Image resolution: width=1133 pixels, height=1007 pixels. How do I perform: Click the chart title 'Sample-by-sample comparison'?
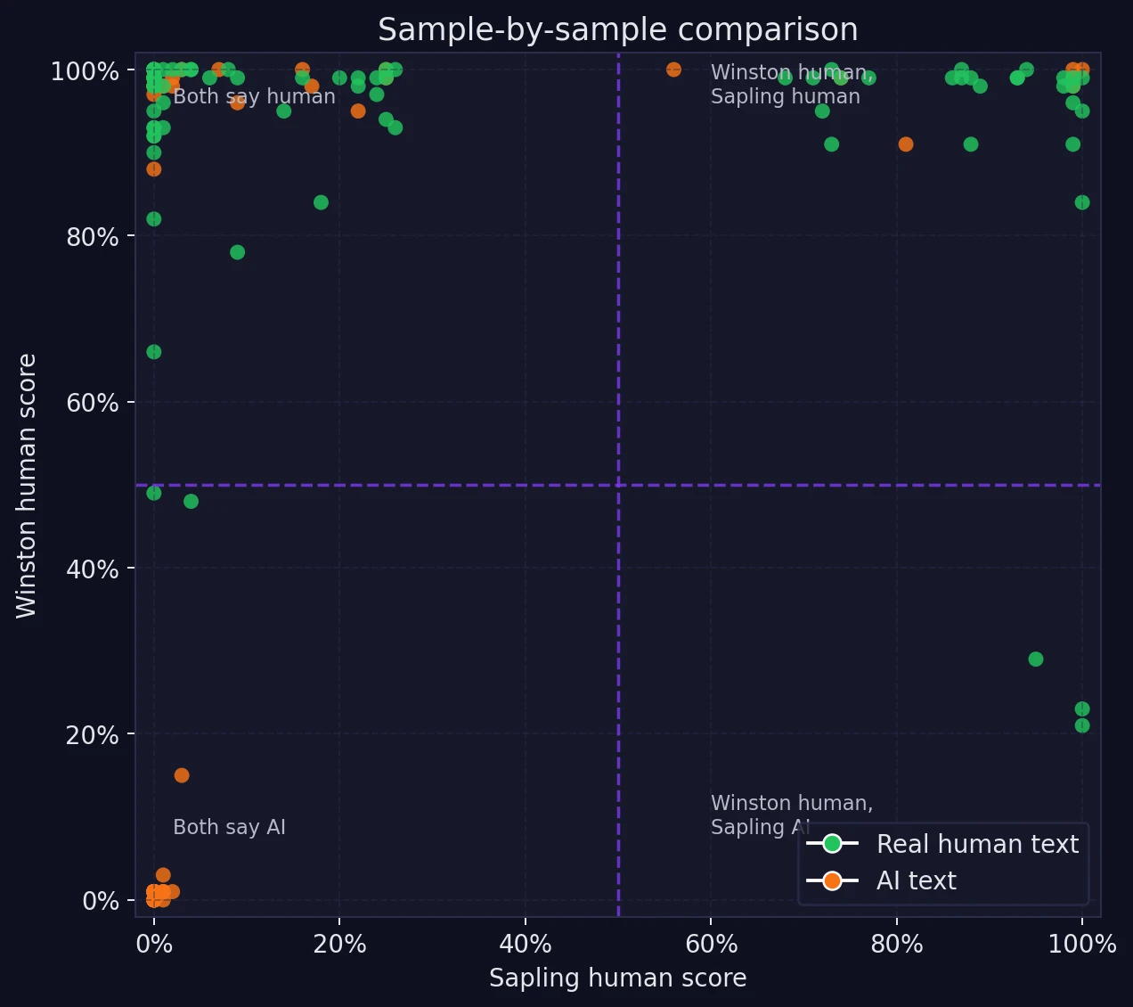[x=617, y=29]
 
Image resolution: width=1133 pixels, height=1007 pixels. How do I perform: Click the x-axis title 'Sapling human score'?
[x=617, y=978]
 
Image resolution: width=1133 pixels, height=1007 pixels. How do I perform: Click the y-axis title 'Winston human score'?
[x=27, y=486]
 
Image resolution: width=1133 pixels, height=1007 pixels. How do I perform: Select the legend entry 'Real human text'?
[x=977, y=844]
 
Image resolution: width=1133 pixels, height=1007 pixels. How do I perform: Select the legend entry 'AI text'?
[x=916, y=880]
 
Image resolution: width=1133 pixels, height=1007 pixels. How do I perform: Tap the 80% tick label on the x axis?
[x=897, y=945]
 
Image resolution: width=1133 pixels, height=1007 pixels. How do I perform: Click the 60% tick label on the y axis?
[x=93, y=403]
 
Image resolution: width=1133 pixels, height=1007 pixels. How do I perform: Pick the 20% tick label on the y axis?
[x=93, y=735]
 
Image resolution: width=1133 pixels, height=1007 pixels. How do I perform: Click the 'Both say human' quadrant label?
[x=254, y=96]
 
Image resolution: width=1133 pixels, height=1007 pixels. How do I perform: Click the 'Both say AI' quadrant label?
[x=229, y=827]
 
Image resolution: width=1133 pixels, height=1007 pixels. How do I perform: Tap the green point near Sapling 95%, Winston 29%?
[x=1035, y=659]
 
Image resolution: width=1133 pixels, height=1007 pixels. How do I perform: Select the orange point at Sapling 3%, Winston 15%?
[x=182, y=775]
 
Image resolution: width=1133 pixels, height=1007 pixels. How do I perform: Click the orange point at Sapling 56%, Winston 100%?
[x=673, y=70]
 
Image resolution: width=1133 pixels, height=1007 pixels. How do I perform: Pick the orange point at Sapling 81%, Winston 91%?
[x=906, y=144]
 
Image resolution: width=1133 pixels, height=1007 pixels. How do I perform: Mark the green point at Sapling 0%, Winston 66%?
[x=154, y=352]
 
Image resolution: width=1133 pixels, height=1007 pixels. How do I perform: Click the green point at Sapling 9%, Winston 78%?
[x=237, y=252]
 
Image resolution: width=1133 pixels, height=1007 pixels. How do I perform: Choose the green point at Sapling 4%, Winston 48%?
[x=191, y=502]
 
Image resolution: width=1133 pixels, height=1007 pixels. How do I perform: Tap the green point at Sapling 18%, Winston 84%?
[x=321, y=202]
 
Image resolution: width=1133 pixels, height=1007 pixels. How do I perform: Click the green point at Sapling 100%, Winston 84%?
[x=1081, y=202]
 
